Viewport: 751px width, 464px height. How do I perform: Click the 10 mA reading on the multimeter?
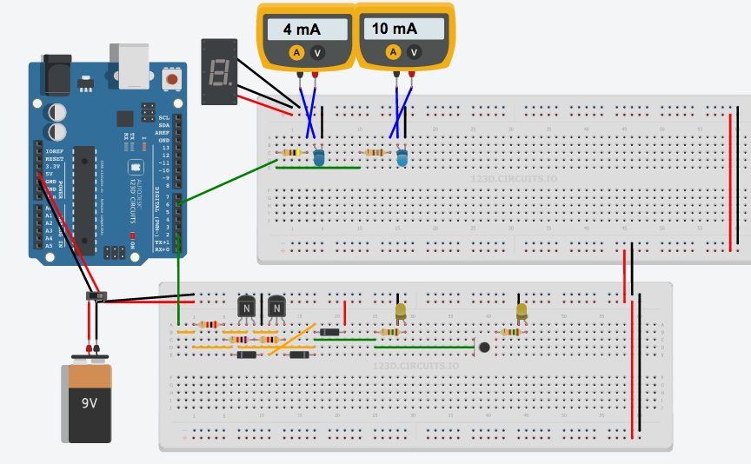(x=394, y=29)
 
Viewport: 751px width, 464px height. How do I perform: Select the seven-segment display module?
(x=218, y=71)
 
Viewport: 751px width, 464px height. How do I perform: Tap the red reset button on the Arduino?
(x=171, y=80)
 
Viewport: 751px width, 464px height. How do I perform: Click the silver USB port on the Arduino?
(x=129, y=66)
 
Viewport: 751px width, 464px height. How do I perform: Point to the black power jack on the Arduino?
(x=56, y=75)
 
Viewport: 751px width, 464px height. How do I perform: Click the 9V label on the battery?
(x=90, y=403)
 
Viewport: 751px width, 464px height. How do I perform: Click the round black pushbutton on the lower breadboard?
(x=483, y=347)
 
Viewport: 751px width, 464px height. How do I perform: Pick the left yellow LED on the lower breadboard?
(x=400, y=310)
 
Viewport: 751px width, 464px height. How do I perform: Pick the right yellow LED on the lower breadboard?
(x=521, y=310)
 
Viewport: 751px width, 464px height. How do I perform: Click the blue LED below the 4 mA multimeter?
(x=319, y=157)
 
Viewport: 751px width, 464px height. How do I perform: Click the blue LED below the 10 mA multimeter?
(x=402, y=157)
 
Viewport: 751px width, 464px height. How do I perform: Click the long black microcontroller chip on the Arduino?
(x=84, y=196)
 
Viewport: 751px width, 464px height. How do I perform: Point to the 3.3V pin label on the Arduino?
(x=54, y=166)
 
